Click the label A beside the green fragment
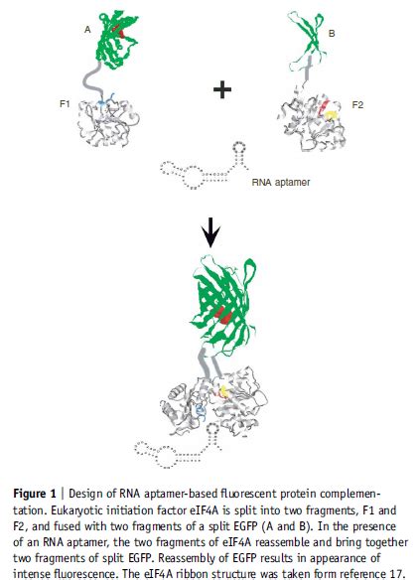pos(87,29)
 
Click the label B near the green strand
pos(332,34)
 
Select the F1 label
pos(65,103)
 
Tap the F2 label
pos(357,105)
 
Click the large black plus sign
pos(222,90)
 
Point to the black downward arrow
pos(210,232)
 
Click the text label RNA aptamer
pos(281,182)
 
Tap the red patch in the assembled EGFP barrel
pos(222,315)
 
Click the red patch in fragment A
pos(119,31)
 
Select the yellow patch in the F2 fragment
pos(332,116)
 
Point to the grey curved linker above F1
pos(91,79)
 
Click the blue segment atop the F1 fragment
pos(107,100)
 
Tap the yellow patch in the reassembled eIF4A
pos(223,391)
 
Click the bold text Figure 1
pos(35,494)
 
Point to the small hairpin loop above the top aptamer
pos(239,147)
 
